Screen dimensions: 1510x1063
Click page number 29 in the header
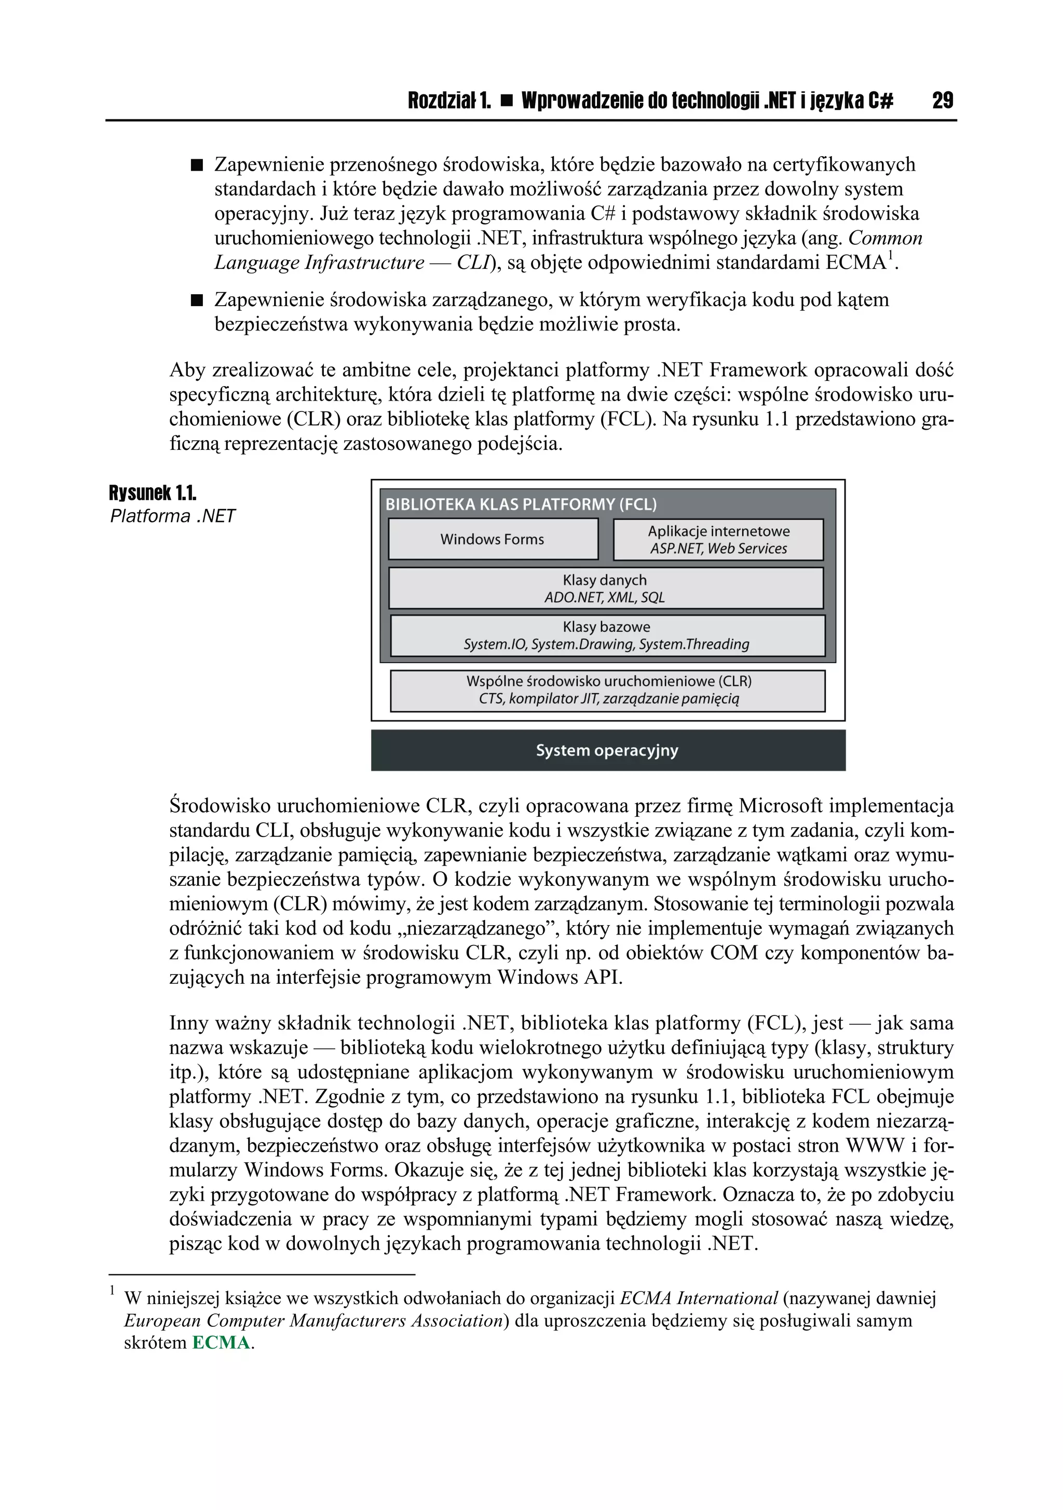(x=942, y=101)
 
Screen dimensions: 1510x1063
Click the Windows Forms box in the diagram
(x=493, y=539)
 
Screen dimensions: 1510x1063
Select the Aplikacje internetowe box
(x=718, y=539)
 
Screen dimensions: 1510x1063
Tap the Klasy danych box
(x=605, y=588)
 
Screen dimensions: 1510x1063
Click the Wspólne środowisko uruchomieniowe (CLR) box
(x=608, y=690)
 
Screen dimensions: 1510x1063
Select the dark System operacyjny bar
(x=608, y=750)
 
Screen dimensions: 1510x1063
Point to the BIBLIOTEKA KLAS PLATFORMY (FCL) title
(x=520, y=504)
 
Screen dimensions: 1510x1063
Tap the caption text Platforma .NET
(x=172, y=516)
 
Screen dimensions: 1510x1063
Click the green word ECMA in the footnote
(x=221, y=1343)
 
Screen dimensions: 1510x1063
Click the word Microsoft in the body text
(x=780, y=806)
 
